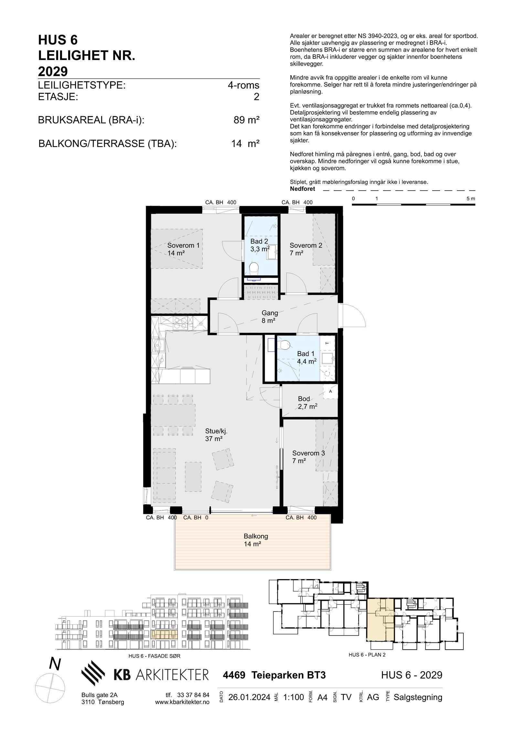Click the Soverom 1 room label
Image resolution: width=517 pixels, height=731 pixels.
point(183,249)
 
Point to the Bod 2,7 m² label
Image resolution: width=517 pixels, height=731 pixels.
point(307,402)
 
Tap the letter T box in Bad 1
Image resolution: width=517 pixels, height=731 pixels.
point(327,343)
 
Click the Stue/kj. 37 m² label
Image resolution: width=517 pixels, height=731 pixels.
point(214,434)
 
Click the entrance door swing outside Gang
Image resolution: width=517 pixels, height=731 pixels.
point(353,317)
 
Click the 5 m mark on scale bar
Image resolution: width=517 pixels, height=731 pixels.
point(470,199)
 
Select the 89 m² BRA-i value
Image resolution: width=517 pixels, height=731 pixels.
point(246,120)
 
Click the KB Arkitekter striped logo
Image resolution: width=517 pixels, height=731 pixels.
point(93,673)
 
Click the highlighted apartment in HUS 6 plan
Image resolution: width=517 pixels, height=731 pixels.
point(380,620)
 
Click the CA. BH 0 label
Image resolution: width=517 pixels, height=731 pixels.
point(195,517)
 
